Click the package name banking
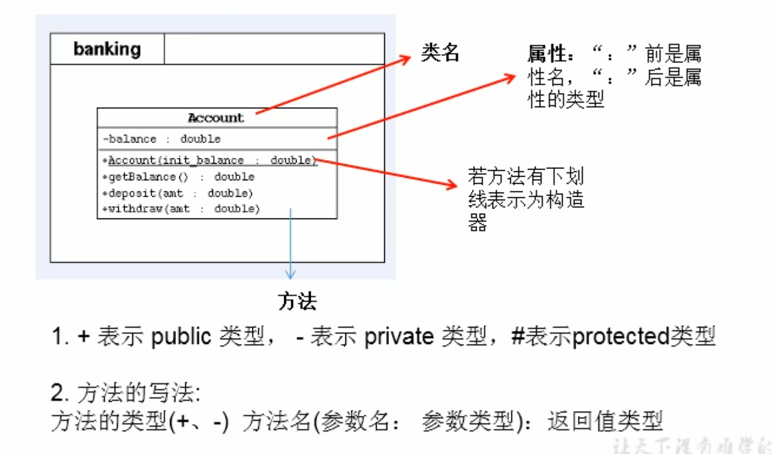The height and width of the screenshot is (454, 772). point(107,49)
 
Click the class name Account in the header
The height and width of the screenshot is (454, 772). point(216,118)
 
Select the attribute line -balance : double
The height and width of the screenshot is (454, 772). point(162,140)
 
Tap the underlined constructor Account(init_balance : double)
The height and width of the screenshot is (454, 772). point(212,160)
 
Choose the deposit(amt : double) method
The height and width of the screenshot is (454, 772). point(180,193)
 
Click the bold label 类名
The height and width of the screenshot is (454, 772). point(440,54)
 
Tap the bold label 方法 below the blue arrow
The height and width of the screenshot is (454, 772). point(297,301)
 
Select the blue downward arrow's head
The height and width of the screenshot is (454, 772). point(290,274)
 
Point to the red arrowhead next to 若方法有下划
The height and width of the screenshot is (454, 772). point(454,185)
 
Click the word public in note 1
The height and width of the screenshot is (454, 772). point(181,337)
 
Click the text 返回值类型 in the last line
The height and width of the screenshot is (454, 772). point(605,422)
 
